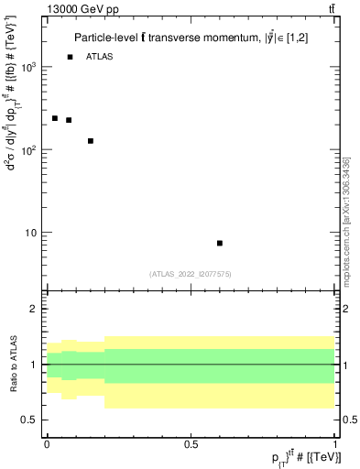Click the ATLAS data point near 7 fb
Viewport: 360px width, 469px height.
[x=220, y=243]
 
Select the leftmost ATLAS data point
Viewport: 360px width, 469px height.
[x=55, y=118]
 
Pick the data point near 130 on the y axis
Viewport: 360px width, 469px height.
[x=91, y=141]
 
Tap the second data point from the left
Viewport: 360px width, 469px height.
[x=69, y=120]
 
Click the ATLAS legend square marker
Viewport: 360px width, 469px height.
[x=70, y=57]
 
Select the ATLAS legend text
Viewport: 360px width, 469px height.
[x=101, y=57]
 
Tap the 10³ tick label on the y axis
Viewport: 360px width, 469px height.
[x=29, y=68]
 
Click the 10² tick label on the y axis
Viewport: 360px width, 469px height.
[x=29, y=150]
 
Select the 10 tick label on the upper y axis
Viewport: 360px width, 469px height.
[x=31, y=233]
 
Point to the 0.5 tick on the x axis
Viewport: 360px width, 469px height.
[x=191, y=444]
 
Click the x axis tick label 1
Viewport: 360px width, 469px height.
[x=335, y=444]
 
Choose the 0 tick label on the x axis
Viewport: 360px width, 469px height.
[x=47, y=444]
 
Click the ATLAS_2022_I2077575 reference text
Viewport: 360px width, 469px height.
[x=191, y=273]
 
